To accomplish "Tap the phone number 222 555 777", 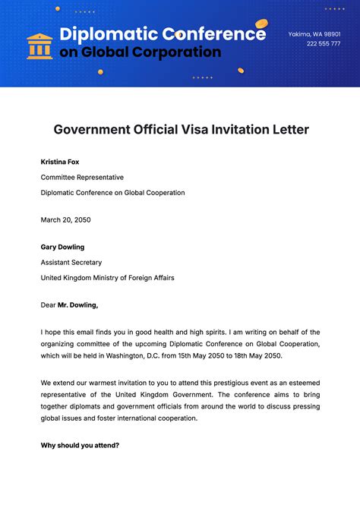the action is coord(324,44).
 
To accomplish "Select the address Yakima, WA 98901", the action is coord(314,34).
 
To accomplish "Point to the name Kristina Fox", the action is coord(60,162).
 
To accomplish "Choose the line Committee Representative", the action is coord(82,177).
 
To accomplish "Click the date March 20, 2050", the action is coord(66,219).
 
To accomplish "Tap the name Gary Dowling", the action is coord(62,247).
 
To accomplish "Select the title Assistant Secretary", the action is coord(71,262).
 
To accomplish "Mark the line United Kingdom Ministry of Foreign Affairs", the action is coord(108,278).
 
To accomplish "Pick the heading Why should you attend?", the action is coord(80,445).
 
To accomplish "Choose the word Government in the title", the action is coord(90,130).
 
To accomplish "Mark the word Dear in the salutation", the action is coord(48,304).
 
